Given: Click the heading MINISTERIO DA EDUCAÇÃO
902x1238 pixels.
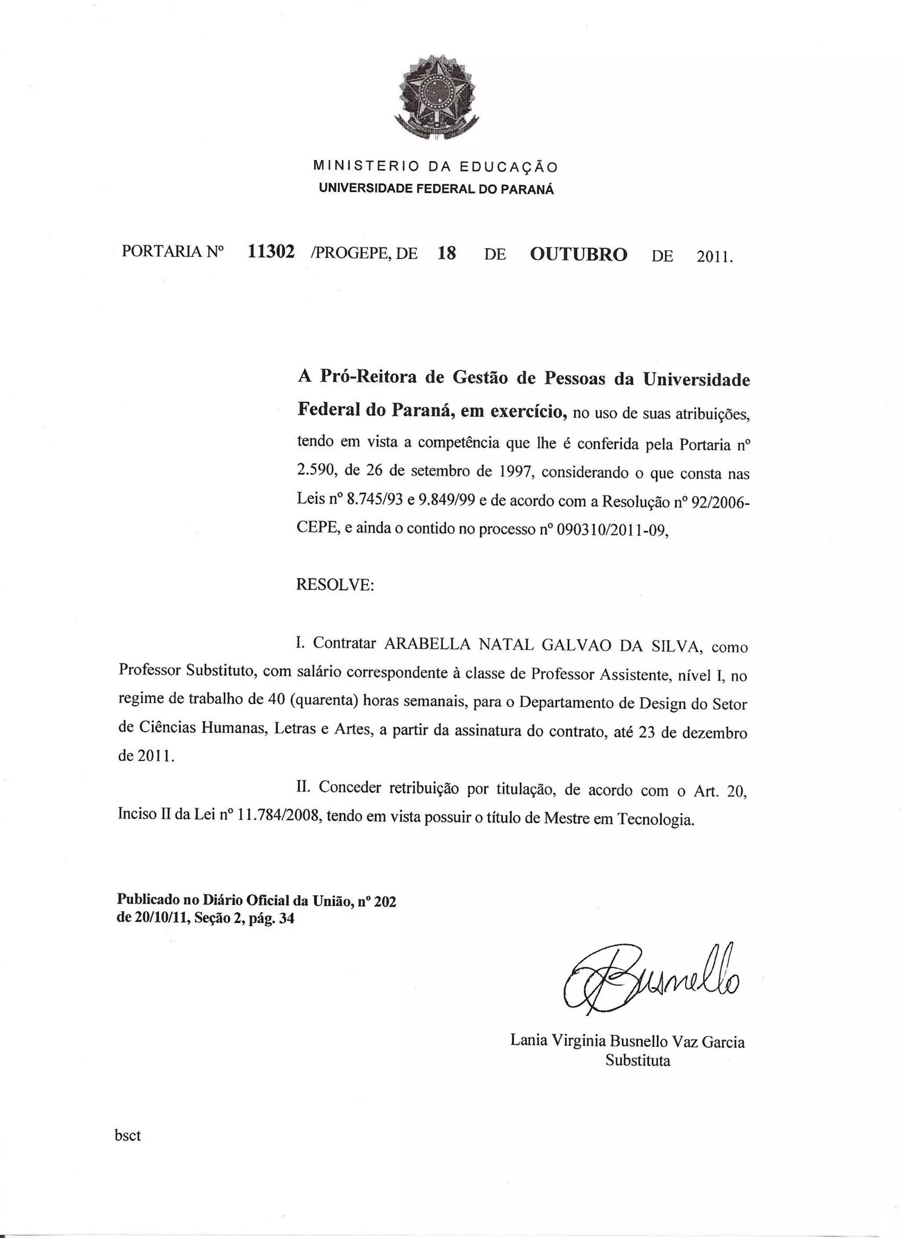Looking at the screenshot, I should point(435,166).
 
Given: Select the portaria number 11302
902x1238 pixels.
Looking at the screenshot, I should point(271,252).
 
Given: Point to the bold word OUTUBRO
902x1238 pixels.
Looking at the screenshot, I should point(578,254).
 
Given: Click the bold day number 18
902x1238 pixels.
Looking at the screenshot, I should point(446,253).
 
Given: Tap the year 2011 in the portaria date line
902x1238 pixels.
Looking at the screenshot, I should point(713,257).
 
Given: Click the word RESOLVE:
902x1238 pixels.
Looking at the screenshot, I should point(335,585).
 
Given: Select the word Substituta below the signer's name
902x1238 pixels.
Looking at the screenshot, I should point(637,1061).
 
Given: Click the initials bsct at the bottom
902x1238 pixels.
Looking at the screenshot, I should point(128,1135).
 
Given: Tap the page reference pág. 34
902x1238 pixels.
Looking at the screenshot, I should point(271,919).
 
